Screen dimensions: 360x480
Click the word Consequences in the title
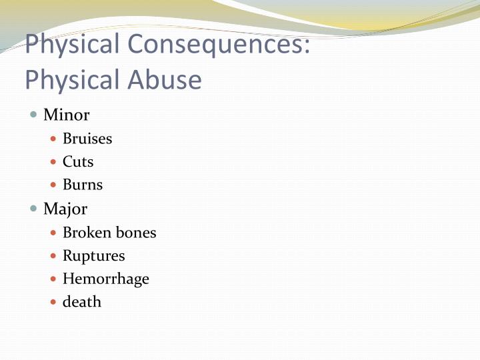[x=219, y=45]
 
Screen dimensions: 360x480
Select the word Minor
[x=66, y=115]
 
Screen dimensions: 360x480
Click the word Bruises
[x=87, y=139]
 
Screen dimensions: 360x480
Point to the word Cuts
[x=78, y=162]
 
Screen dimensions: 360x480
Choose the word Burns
[x=83, y=185]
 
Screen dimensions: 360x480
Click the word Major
[x=65, y=209]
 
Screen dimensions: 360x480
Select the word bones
[x=135, y=233]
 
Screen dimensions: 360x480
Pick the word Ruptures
[x=93, y=256]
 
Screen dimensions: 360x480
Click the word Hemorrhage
[x=105, y=279]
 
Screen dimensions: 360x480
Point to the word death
[x=82, y=302]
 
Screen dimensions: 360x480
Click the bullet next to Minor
[x=34, y=115]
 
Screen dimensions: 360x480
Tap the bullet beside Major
[x=34, y=209]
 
